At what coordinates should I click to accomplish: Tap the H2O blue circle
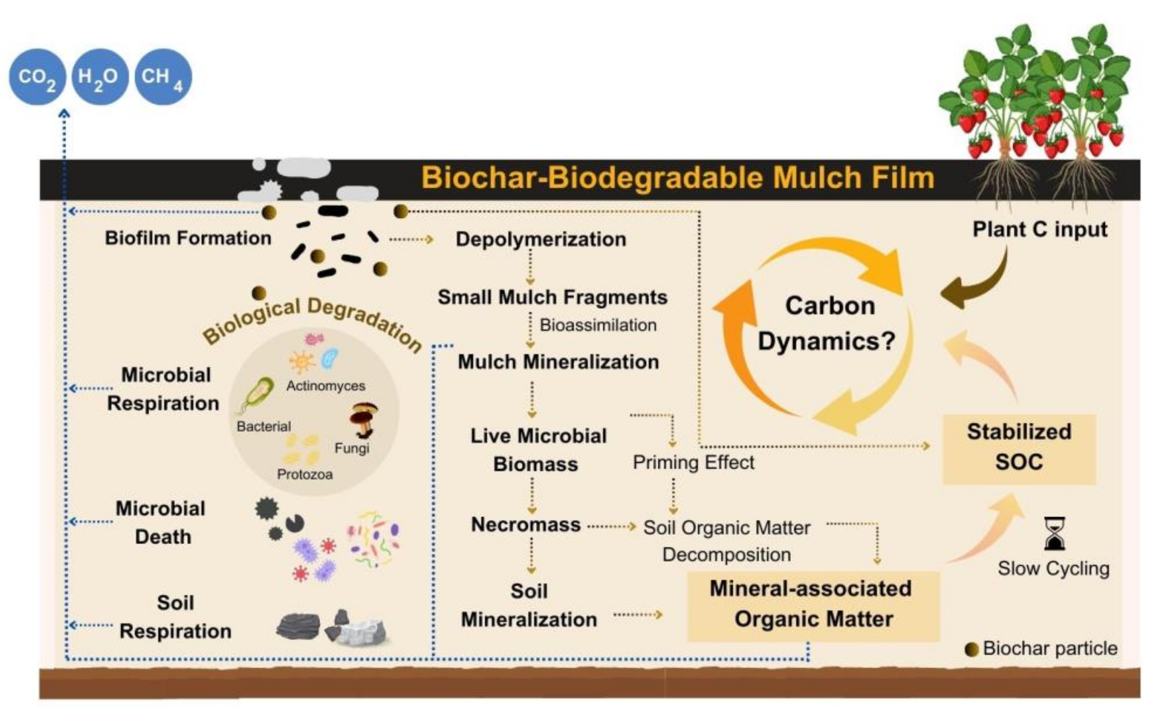coord(100,76)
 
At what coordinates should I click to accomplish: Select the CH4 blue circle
coord(163,76)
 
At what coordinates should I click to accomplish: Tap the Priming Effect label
coord(693,462)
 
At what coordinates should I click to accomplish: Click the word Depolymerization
coord(541,239)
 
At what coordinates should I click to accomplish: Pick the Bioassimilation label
coord(598,325)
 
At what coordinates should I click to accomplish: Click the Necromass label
coord(526,525)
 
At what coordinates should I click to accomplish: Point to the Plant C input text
coord(1040,230)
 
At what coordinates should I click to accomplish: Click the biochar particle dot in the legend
coord(971,650)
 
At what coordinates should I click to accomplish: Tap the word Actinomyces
coord(326,386)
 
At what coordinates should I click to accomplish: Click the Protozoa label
coord(305,474)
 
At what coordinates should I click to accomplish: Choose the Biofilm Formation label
coord(188,238)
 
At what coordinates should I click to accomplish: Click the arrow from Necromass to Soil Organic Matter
coord(612,526)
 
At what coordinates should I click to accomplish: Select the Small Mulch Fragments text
coord(552,297)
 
